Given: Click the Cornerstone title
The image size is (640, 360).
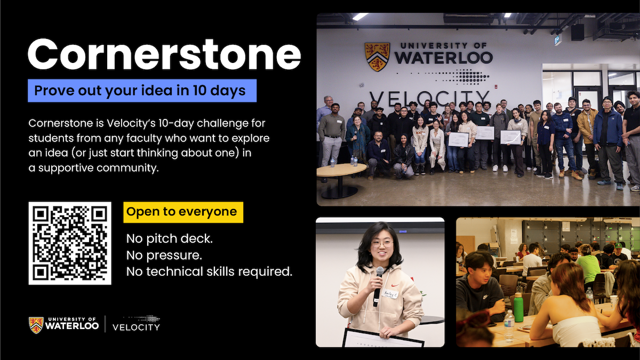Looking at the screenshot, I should [x=164, y=54].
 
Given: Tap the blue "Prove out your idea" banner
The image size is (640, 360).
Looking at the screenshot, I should [x=142, y=91].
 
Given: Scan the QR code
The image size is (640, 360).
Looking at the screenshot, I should [x=70, y=243].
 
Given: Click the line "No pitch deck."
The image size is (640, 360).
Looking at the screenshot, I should [x=169, y=238].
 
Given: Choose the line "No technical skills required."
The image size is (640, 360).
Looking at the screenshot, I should [x=209, y=271].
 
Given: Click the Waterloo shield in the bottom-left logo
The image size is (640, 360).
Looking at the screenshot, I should [x=36, y=324].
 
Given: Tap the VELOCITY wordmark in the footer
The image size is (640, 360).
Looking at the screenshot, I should [x=136, y=326].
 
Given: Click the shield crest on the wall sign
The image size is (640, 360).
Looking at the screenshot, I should [x=377, y=57].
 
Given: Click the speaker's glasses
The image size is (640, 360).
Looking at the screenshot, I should [x=382, y=244].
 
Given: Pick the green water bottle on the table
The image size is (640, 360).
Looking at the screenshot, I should [x=518, y=308].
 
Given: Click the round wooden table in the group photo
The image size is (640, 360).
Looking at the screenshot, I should [x=341, y=171].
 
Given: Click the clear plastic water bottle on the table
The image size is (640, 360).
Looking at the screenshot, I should [x=509, y=325].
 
